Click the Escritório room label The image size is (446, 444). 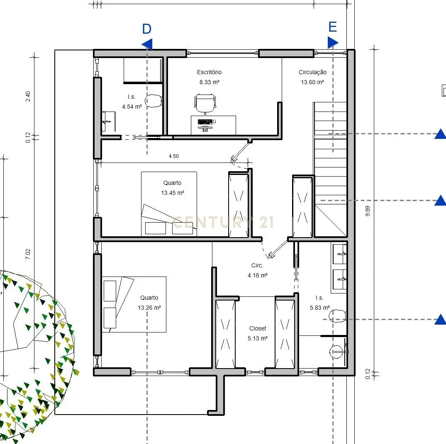click(x=209, y=72)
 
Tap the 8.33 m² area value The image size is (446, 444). click(x=209, y=82)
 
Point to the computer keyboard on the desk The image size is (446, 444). click(x=205, y=122)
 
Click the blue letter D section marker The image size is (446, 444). click(x=147, y=29)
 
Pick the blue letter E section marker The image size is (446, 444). click(x=332, y=27)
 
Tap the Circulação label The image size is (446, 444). click(x=312, y=72)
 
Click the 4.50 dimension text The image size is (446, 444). click(x=174, y=156)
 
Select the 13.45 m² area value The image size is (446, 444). click(x=172, y=193)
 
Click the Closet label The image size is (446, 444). click(x=258, y=328)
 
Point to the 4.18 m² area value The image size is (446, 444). click(x=257, y=275)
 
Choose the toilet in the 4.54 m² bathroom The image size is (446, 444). click(x=154, y=101)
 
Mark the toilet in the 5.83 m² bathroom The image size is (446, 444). click(x=338, y=316)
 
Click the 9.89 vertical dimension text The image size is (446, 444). click(x=368, y=211)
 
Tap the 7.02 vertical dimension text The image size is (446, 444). click(x=28, y=254)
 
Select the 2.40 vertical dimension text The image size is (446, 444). click(x=28, y=96)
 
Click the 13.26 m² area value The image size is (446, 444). click(x=149, y=308)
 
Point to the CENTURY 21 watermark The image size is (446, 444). click(x=223, y=222)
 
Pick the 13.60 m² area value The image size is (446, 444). click(x=312, y=82)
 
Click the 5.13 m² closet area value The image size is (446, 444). click(x=257, y=338)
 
